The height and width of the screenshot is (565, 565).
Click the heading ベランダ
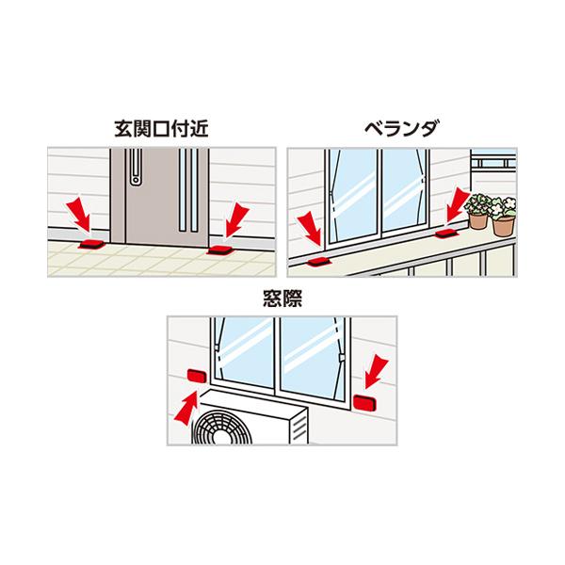[x=403, y=132]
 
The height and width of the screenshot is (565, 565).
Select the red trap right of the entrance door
[x=219, y=250]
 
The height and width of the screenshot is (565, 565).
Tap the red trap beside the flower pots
[x=445, y=232]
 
